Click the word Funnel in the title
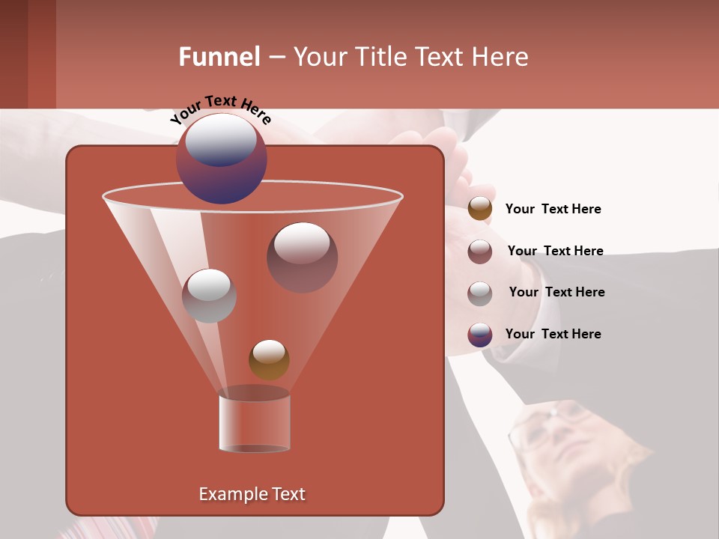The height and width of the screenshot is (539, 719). point(219,57)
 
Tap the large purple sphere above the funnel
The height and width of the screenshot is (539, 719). point(221,159)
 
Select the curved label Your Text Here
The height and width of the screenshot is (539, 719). point(220,109)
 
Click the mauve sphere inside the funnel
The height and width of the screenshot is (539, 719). point(302,257)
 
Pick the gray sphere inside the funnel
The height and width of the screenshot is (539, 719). point(209,295)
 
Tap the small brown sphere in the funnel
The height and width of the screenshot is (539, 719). point(269,359)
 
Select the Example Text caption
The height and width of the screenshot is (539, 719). point(252,494)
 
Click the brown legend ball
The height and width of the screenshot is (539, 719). point(480,209)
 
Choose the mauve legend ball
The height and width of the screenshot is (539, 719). point(480,252)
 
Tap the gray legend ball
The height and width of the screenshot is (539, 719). point(480,293)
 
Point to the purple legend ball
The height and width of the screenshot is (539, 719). point(480,335)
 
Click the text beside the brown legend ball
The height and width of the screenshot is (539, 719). point(553,209)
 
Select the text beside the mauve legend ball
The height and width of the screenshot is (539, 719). point(555,251)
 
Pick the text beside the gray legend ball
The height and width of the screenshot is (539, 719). point(556,292)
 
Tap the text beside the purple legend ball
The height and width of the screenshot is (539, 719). point(553,334)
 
